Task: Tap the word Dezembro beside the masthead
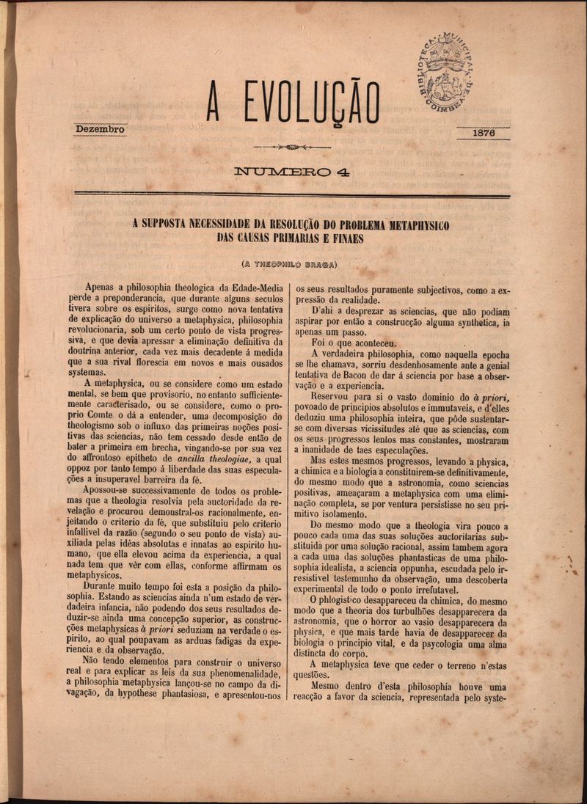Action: click(x=101, y=130)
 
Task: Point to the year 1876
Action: click(x=484, y=133)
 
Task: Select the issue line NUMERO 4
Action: click(x=291, y=173)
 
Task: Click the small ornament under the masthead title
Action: click(x=291, y=147)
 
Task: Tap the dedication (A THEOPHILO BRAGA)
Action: click(x=291, y=264)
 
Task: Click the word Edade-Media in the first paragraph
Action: click(x=253, y=288)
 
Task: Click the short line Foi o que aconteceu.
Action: click(x=354, y=343)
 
